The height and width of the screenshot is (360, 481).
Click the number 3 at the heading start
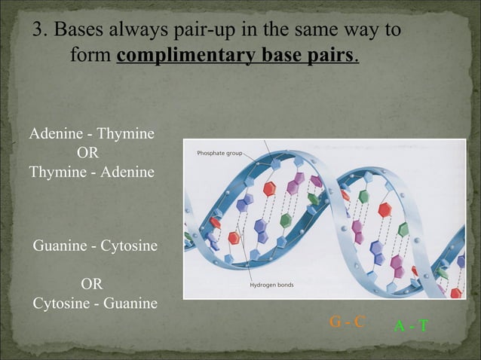38,31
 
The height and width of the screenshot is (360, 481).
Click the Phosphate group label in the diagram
219,153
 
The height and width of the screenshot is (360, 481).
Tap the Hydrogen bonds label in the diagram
272,285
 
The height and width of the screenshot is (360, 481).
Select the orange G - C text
348,322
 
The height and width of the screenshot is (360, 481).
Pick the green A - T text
412,325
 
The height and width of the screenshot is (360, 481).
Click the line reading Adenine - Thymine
92,135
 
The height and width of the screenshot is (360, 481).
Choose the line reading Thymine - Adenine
92,172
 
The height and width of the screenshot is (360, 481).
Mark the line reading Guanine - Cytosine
95,246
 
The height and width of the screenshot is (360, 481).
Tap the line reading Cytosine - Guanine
95,304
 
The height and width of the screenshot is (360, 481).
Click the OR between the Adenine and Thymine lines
88,153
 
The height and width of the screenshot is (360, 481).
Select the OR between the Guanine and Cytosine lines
92,285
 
